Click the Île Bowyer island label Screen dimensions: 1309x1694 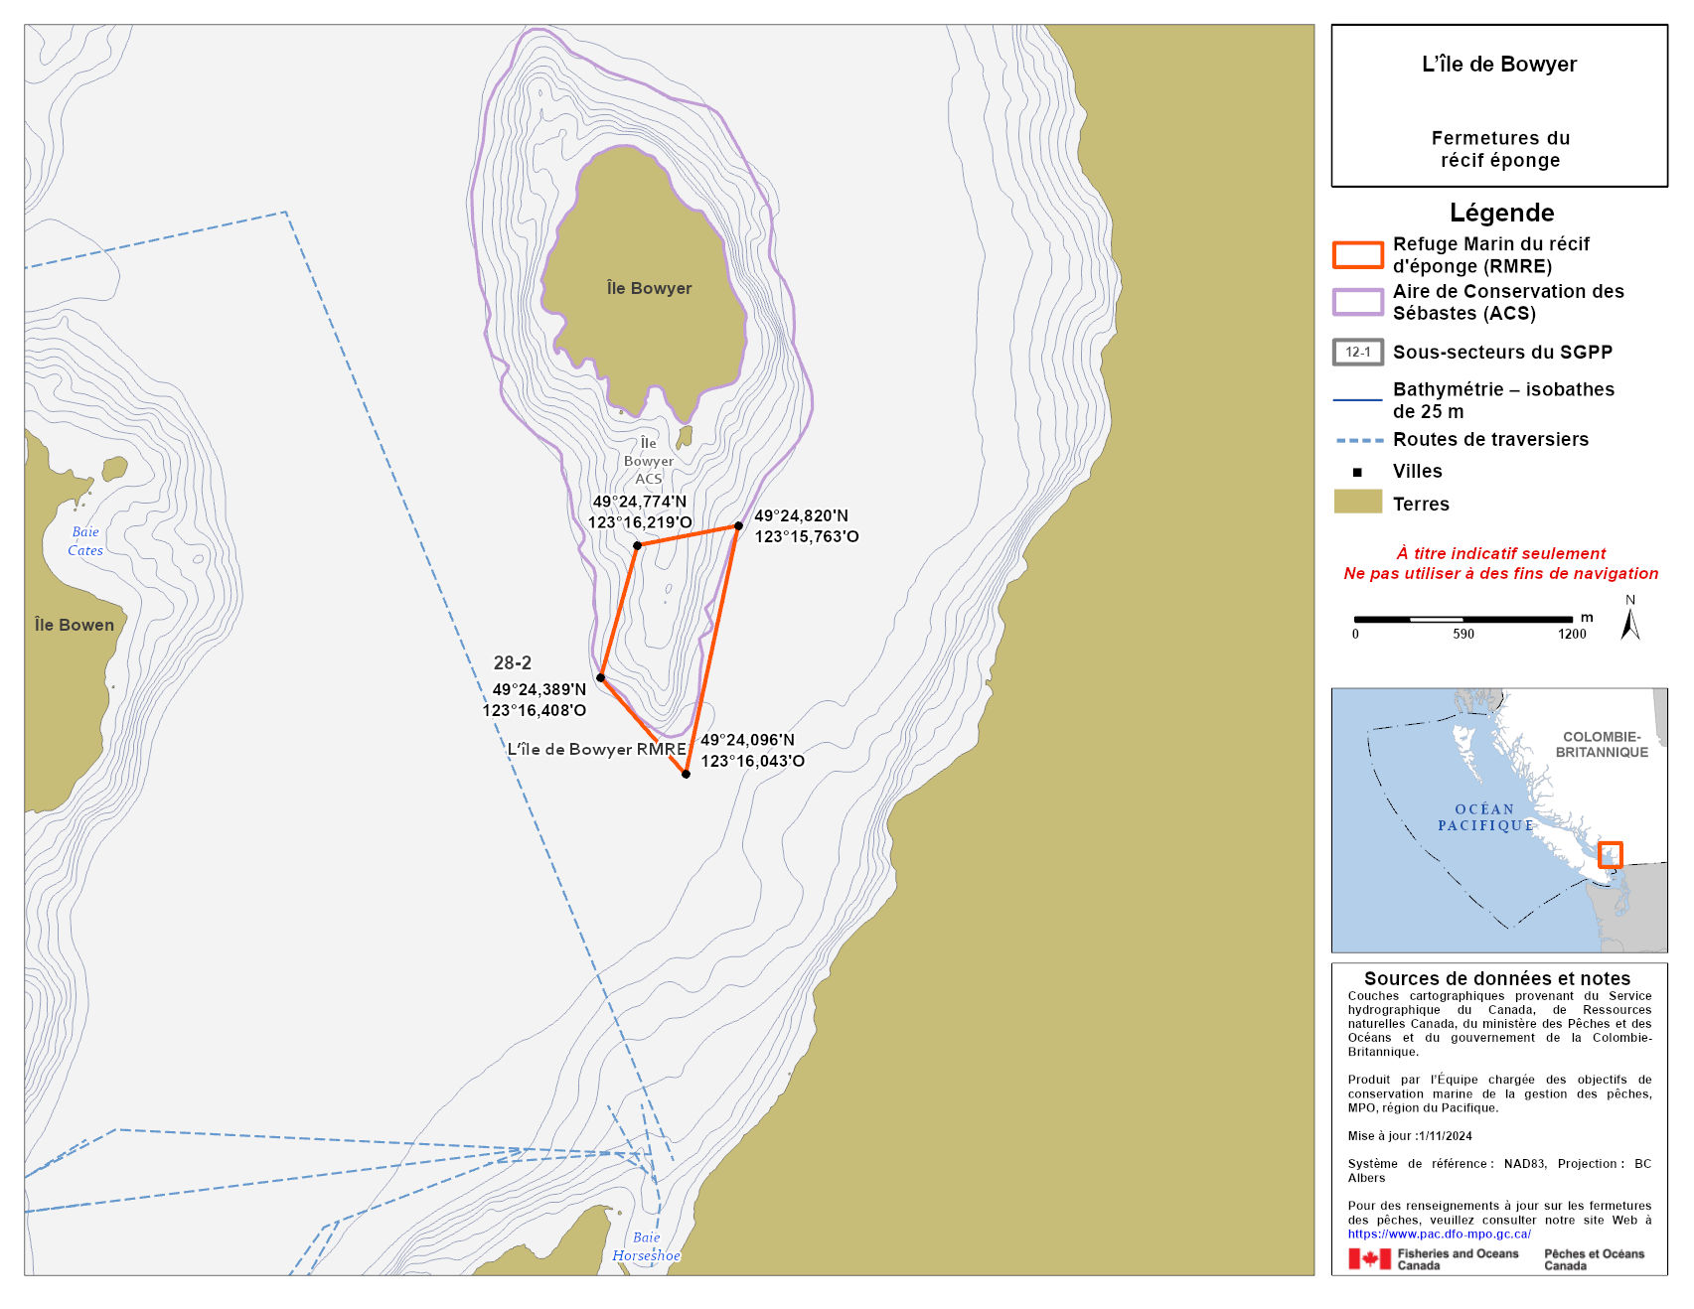(x=649, y=288)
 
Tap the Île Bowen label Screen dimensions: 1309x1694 (x=75, y=625)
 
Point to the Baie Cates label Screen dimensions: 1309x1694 (x=85, y=541)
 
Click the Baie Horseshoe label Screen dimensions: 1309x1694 (x=646, y=1246)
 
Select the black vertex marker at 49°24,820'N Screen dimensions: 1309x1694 (x=738, y=526)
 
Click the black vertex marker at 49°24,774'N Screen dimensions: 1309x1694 (x=637, y=545)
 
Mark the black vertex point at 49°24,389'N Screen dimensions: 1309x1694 (x=600, y=677)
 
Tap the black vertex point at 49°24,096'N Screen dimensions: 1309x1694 (x=686, y=774)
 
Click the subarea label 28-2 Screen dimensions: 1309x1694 (x=513, y=662)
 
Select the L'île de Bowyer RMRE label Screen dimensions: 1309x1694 (x=596, y=749)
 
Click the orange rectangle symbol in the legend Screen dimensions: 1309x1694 (x=1357, y=255)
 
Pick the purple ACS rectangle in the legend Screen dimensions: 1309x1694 (x=1357, y=302)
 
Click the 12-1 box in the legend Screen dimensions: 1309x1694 (x=1357, y=352)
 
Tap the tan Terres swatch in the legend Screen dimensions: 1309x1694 (x=1357, y=502)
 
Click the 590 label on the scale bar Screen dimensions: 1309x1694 (x=1463, y=634)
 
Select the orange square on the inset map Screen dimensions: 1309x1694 (x=1610, y=854)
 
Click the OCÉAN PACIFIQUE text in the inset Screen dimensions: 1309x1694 (x=1485, y=817)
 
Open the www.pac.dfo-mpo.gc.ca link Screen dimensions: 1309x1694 (x=1439, y=1234)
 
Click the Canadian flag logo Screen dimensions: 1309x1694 (x=1369, y=1258)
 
